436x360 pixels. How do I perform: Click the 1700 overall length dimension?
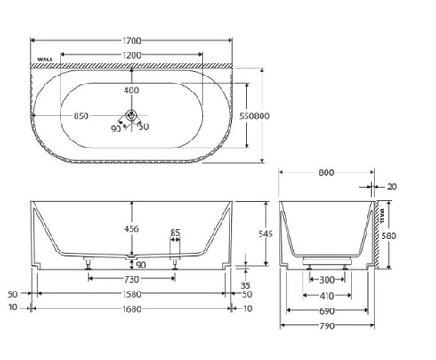tap(132, 41)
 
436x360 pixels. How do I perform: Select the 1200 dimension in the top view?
tap(132, 55)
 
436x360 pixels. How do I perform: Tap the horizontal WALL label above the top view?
tap(45, 60)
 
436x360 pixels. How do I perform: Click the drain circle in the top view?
tap(131, 115)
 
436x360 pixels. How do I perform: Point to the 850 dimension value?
tap(81, 116)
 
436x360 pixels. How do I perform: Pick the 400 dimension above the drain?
tap(131, 91)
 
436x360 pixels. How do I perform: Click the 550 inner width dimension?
tap(246, 116)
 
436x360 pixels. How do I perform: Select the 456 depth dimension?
tap(131, 228)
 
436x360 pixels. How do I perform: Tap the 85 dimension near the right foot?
tap(175, 233)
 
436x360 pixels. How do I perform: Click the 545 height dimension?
tap(265, 234)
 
